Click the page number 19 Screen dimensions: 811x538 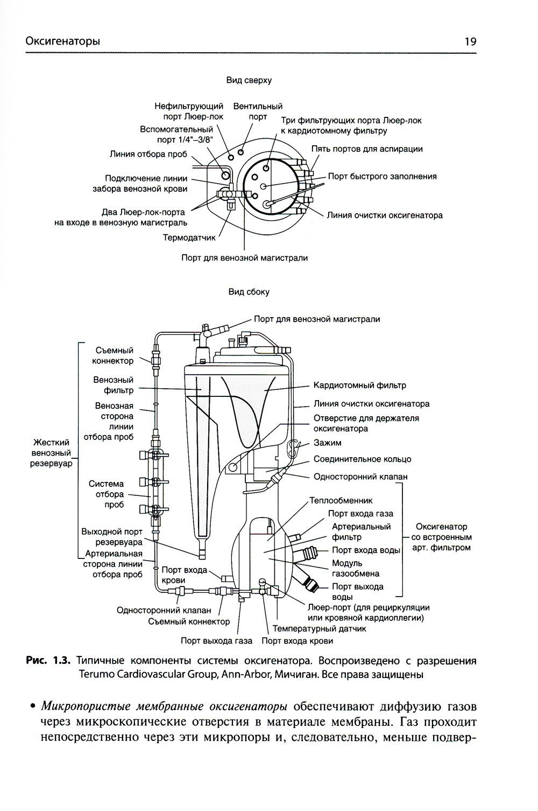point(470,41)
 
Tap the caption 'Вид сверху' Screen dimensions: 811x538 point(249,80)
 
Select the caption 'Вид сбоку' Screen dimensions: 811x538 point(249,292)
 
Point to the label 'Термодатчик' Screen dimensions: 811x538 point(189,237)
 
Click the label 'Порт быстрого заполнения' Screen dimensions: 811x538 point(382,176)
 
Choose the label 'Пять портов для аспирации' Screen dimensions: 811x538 point(367,149)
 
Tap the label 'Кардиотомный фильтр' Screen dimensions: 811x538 point(359,386)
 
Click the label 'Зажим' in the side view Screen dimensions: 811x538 point(327,443)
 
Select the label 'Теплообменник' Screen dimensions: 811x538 point(341,500)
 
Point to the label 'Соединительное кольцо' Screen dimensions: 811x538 point(362,459)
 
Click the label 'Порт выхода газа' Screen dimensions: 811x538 point(216,641)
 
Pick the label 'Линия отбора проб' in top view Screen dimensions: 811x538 point(148,154)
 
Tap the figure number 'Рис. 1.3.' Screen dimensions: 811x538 point(48,661)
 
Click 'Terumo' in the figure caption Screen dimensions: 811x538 point(96,674)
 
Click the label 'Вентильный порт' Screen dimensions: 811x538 point(258,111)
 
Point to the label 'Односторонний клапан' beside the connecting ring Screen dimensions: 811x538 point(360,477)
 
